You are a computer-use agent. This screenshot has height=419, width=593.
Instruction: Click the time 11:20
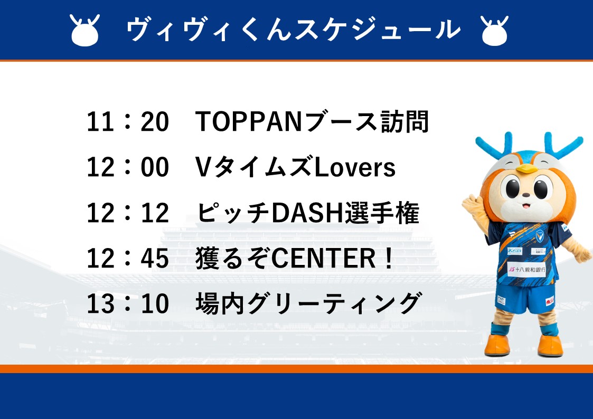point(128,122)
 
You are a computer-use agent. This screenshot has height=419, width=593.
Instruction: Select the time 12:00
point(128,167)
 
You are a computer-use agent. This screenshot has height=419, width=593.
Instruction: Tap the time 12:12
point(128,213)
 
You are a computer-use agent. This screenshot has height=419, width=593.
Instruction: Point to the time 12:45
point(128,259)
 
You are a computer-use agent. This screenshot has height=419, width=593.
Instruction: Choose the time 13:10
point(128,304)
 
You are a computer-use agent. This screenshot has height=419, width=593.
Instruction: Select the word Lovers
point(355,167)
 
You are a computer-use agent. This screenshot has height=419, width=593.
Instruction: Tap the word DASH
point(307,213)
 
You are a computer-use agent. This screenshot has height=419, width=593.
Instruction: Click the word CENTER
point(323,259)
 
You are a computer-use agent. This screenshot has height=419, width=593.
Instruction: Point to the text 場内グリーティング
point(308,303)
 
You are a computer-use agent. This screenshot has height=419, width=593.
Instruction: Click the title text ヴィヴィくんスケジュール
point(293,29)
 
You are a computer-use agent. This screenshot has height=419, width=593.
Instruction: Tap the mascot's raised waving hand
point(473,206)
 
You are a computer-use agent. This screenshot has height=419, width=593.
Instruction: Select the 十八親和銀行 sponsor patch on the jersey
point(526,269)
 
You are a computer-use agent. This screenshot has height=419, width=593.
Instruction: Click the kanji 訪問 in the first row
point(404,122)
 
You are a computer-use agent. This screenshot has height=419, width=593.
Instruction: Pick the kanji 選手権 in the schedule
point(382,213)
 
